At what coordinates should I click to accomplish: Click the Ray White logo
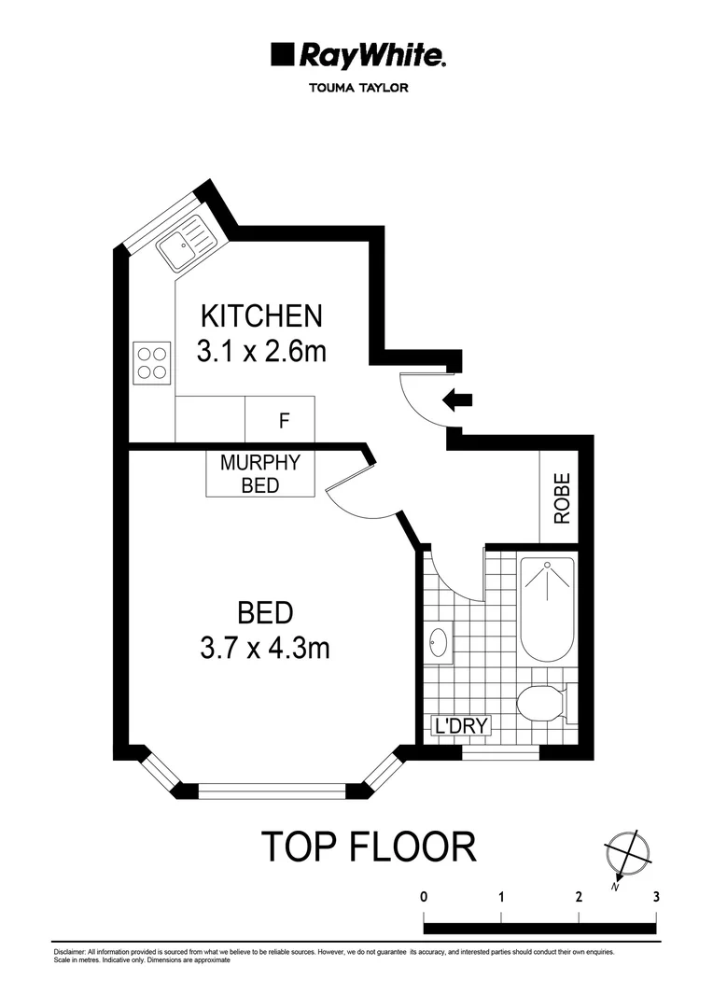(x=357, y=56)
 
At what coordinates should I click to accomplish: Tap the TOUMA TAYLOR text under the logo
(x=357, y=90)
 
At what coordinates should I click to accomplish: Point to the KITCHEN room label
(x=262, y=315)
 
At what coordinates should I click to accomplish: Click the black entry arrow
(x=457, y=400)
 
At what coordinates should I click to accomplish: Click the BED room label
(x=265, y=613)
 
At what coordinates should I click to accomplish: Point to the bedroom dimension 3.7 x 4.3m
(x=265, y=648)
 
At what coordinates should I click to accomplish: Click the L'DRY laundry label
(x=458, y=725)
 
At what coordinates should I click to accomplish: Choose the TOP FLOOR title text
(x=368, y=847)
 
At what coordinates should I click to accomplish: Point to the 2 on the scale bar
(x=580, y=896)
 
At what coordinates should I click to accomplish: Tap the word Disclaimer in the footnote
(x=71, y=952)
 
